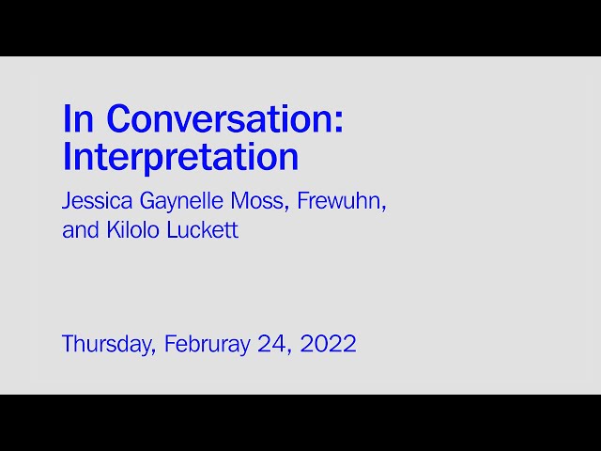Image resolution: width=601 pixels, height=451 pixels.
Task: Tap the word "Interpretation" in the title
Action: click(180, 157)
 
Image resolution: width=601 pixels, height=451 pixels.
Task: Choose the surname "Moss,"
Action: click(267, 201)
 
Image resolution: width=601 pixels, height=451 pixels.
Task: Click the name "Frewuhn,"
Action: click(342, 201)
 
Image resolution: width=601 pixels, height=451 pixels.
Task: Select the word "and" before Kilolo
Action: click(80, 230)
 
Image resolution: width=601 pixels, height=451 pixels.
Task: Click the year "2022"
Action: click(329, 344)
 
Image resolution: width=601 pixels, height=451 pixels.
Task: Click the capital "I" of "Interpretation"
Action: click(66, 157)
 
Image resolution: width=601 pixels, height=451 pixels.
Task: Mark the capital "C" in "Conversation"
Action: click(119, 119)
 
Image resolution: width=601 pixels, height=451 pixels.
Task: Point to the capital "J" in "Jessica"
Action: click(67, 201)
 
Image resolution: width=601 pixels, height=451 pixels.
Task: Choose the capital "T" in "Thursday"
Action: click(68, 344)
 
